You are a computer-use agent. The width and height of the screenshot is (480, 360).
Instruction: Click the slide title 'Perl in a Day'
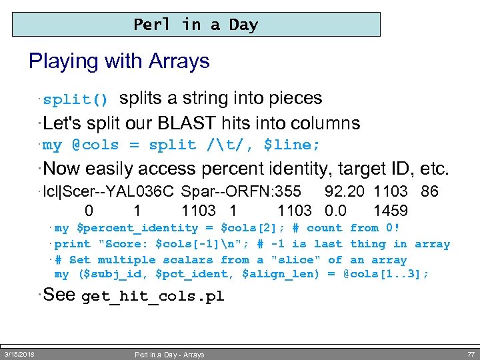click(195, 25)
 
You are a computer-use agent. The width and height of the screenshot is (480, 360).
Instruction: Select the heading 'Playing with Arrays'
click(119, 61)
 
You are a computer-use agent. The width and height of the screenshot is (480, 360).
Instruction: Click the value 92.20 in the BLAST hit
click(344, 192)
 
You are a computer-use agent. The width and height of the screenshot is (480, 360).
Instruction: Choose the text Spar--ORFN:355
click(241, 192)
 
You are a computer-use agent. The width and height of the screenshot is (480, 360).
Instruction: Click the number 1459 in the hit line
click(391, 211)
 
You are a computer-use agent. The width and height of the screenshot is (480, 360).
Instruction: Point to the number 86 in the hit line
click(429, 192)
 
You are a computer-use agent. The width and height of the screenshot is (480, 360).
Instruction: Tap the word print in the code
click(72, 244)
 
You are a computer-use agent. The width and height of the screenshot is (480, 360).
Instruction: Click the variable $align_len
click(283, 274)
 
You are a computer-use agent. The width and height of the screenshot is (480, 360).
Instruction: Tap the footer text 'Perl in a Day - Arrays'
click(169, 355)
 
